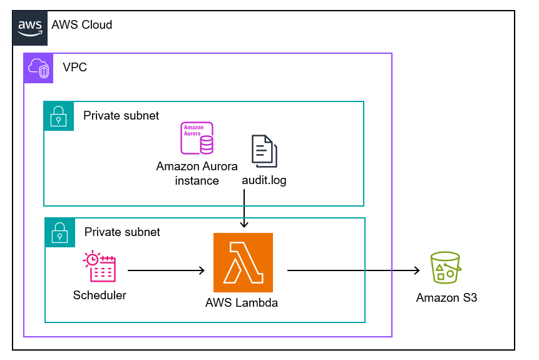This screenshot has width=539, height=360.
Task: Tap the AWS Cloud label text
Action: point(82,25)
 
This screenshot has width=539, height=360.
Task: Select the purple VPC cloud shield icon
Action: point(39,68)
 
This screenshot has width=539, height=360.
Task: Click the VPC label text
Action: point(74,68)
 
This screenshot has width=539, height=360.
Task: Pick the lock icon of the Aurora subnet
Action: point(59,116)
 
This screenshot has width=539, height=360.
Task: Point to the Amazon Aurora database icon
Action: point(197,138)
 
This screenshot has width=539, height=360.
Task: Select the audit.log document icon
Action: point(264,151)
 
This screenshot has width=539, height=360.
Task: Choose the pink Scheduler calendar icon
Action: point(100,267)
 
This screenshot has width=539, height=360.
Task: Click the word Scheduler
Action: point(100,295)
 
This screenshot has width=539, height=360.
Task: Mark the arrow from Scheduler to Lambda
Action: point(166,270)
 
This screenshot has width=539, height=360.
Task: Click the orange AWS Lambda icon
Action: point(244,262)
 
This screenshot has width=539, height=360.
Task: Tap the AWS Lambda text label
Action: point(242,303)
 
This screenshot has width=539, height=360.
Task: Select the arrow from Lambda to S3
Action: point(353,270)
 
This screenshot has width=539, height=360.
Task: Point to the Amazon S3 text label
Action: point(446,298)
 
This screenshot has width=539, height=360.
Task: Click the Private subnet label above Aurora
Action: point(121,115)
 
